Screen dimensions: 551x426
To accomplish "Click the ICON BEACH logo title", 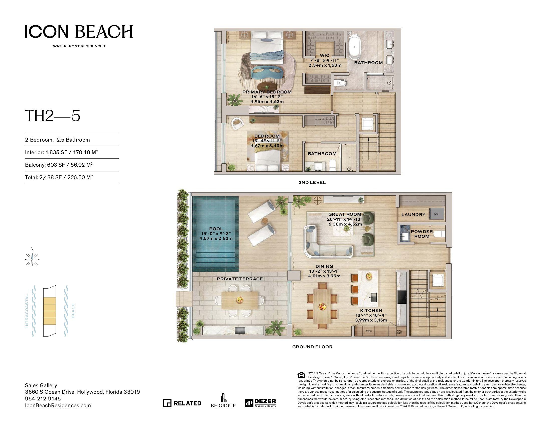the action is point(79,32).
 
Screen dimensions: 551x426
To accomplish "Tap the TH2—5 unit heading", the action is point(53,116).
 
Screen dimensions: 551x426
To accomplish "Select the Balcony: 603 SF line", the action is point(59,165).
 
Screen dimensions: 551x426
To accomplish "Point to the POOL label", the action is point(216,229).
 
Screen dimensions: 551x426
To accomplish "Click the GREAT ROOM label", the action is point(345,214).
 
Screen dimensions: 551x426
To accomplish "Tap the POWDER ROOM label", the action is point(422,234).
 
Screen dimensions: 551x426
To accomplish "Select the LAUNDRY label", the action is point(413,215).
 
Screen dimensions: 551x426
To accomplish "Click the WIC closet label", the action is point(324,56).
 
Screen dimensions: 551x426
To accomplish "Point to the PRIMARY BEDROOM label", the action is point(267,92).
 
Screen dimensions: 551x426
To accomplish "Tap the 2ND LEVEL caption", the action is point(312,182).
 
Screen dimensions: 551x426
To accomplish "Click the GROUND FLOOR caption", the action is point(312,347).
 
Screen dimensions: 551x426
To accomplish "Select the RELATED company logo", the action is point(182,403).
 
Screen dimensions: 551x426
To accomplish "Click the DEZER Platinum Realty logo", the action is point(261,403).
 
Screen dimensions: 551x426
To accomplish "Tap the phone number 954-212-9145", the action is point(43,399).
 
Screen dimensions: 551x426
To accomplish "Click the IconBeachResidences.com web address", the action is point(58,405).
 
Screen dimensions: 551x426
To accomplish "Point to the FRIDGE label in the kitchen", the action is point(369,331).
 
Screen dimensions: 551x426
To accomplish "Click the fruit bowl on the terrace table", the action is point(239,299).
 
